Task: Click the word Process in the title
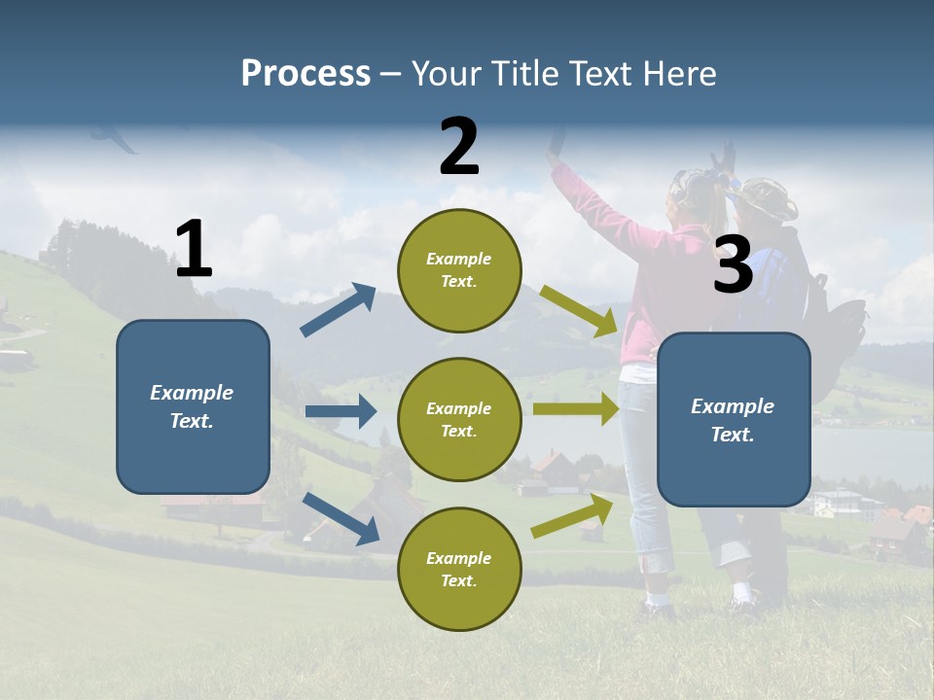(x=305, y=73)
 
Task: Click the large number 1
(x=194, y=250)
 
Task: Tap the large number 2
(x=459, y=147)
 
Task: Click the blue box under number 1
(x=193, y=406)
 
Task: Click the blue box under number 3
(x=734, y=419)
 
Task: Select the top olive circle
(x=459, y=270)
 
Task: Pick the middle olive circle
(x=459, y=419)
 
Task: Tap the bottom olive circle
(x=459, y=569)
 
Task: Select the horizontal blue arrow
(x=340, y=411)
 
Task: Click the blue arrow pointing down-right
(x=341, y=518)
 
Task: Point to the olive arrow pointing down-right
(x=580, y=310)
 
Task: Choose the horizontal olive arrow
(x=575, y=409)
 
